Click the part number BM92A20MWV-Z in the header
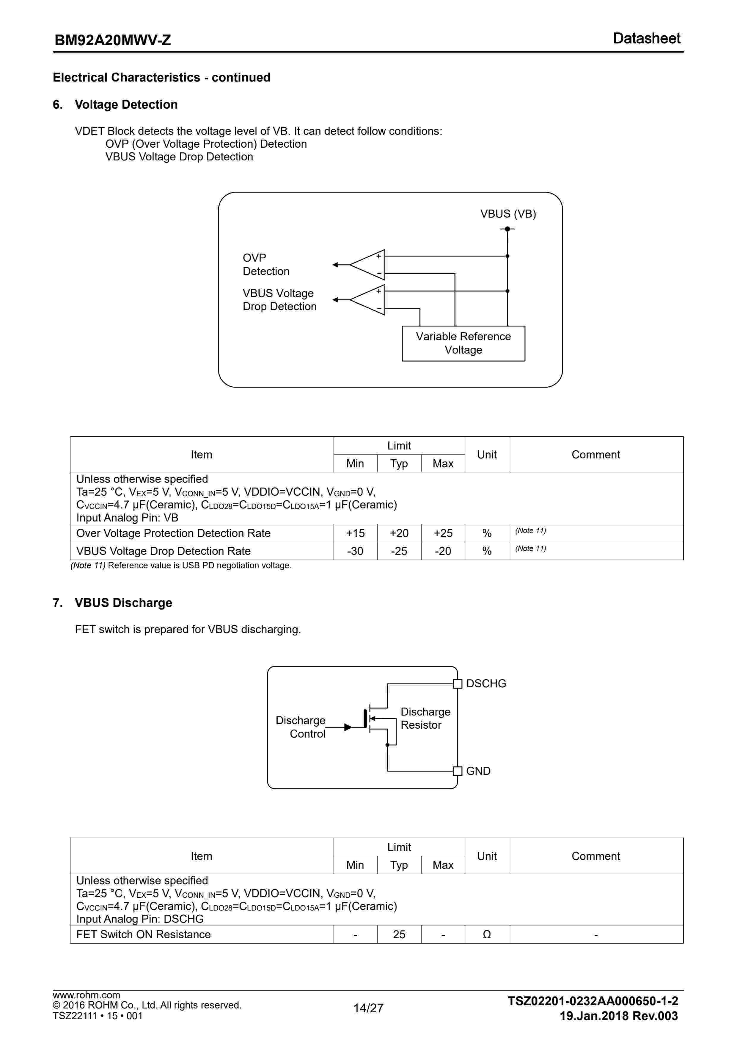pos(113,40)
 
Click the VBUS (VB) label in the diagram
pos(508,214)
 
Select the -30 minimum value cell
pos(355,551)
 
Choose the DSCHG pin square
pos(458,684)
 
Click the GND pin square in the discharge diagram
pos(458,771)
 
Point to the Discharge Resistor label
pos(425,718)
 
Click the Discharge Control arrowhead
pos(348,727)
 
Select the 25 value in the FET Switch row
pos(399,934)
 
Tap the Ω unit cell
pos(486,934)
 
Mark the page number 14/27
pos(368,1008)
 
